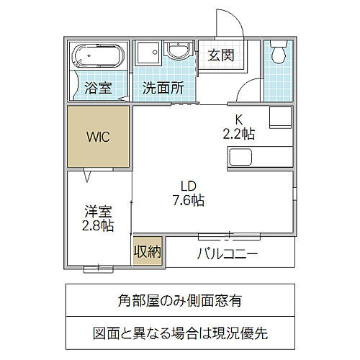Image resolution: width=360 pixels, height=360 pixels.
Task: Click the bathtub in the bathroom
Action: coord(98,57)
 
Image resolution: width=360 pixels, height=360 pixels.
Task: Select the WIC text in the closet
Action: coord(99,137)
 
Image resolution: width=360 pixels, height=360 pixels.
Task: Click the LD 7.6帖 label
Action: coord(189,194)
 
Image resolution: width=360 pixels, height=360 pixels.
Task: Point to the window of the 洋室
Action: coord(99,269)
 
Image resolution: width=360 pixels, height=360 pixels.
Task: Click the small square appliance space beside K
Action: coord(280,117)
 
